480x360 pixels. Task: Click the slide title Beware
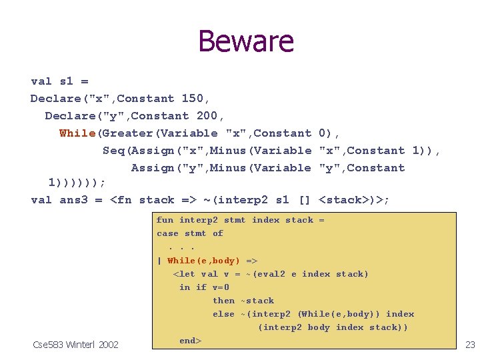click(245, 41)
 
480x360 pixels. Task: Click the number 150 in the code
click(192, 99)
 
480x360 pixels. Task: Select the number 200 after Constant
click(207, 116)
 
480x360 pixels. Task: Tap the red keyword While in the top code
click(77, 133)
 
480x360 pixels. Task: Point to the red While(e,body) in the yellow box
click(203, 261)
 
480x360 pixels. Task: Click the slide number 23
click(469, 345)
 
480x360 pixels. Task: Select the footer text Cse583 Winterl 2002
click(75, 345)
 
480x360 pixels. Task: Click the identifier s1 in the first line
click(66, 81)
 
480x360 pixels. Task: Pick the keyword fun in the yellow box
click(165, 220)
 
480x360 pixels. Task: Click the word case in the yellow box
click(167, 233)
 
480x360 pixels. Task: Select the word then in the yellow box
click(223, 301)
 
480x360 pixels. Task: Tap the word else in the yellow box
click(223, 314)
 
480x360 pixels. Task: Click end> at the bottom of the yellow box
click(190, 341)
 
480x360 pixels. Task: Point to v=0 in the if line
click(221, 287)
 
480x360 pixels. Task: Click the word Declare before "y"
click(69, 116)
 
